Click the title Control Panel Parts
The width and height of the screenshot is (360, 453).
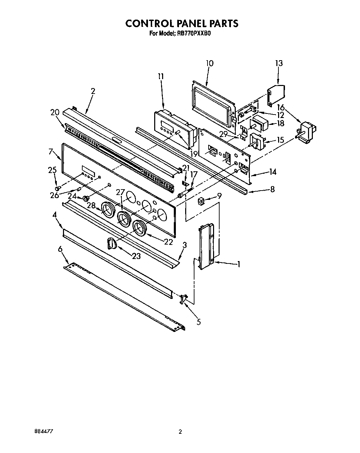181,23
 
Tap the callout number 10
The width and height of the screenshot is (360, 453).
209,63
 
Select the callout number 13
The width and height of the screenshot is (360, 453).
279,63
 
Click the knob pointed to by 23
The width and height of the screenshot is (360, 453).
112,243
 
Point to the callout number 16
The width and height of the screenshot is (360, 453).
280,108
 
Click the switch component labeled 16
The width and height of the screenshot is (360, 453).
307,132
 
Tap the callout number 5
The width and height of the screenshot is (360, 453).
199,322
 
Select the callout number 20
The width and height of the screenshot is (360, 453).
55,112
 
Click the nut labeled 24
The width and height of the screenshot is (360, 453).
86,198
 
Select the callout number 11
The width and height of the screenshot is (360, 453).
161,76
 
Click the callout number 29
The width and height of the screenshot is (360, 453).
223,134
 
